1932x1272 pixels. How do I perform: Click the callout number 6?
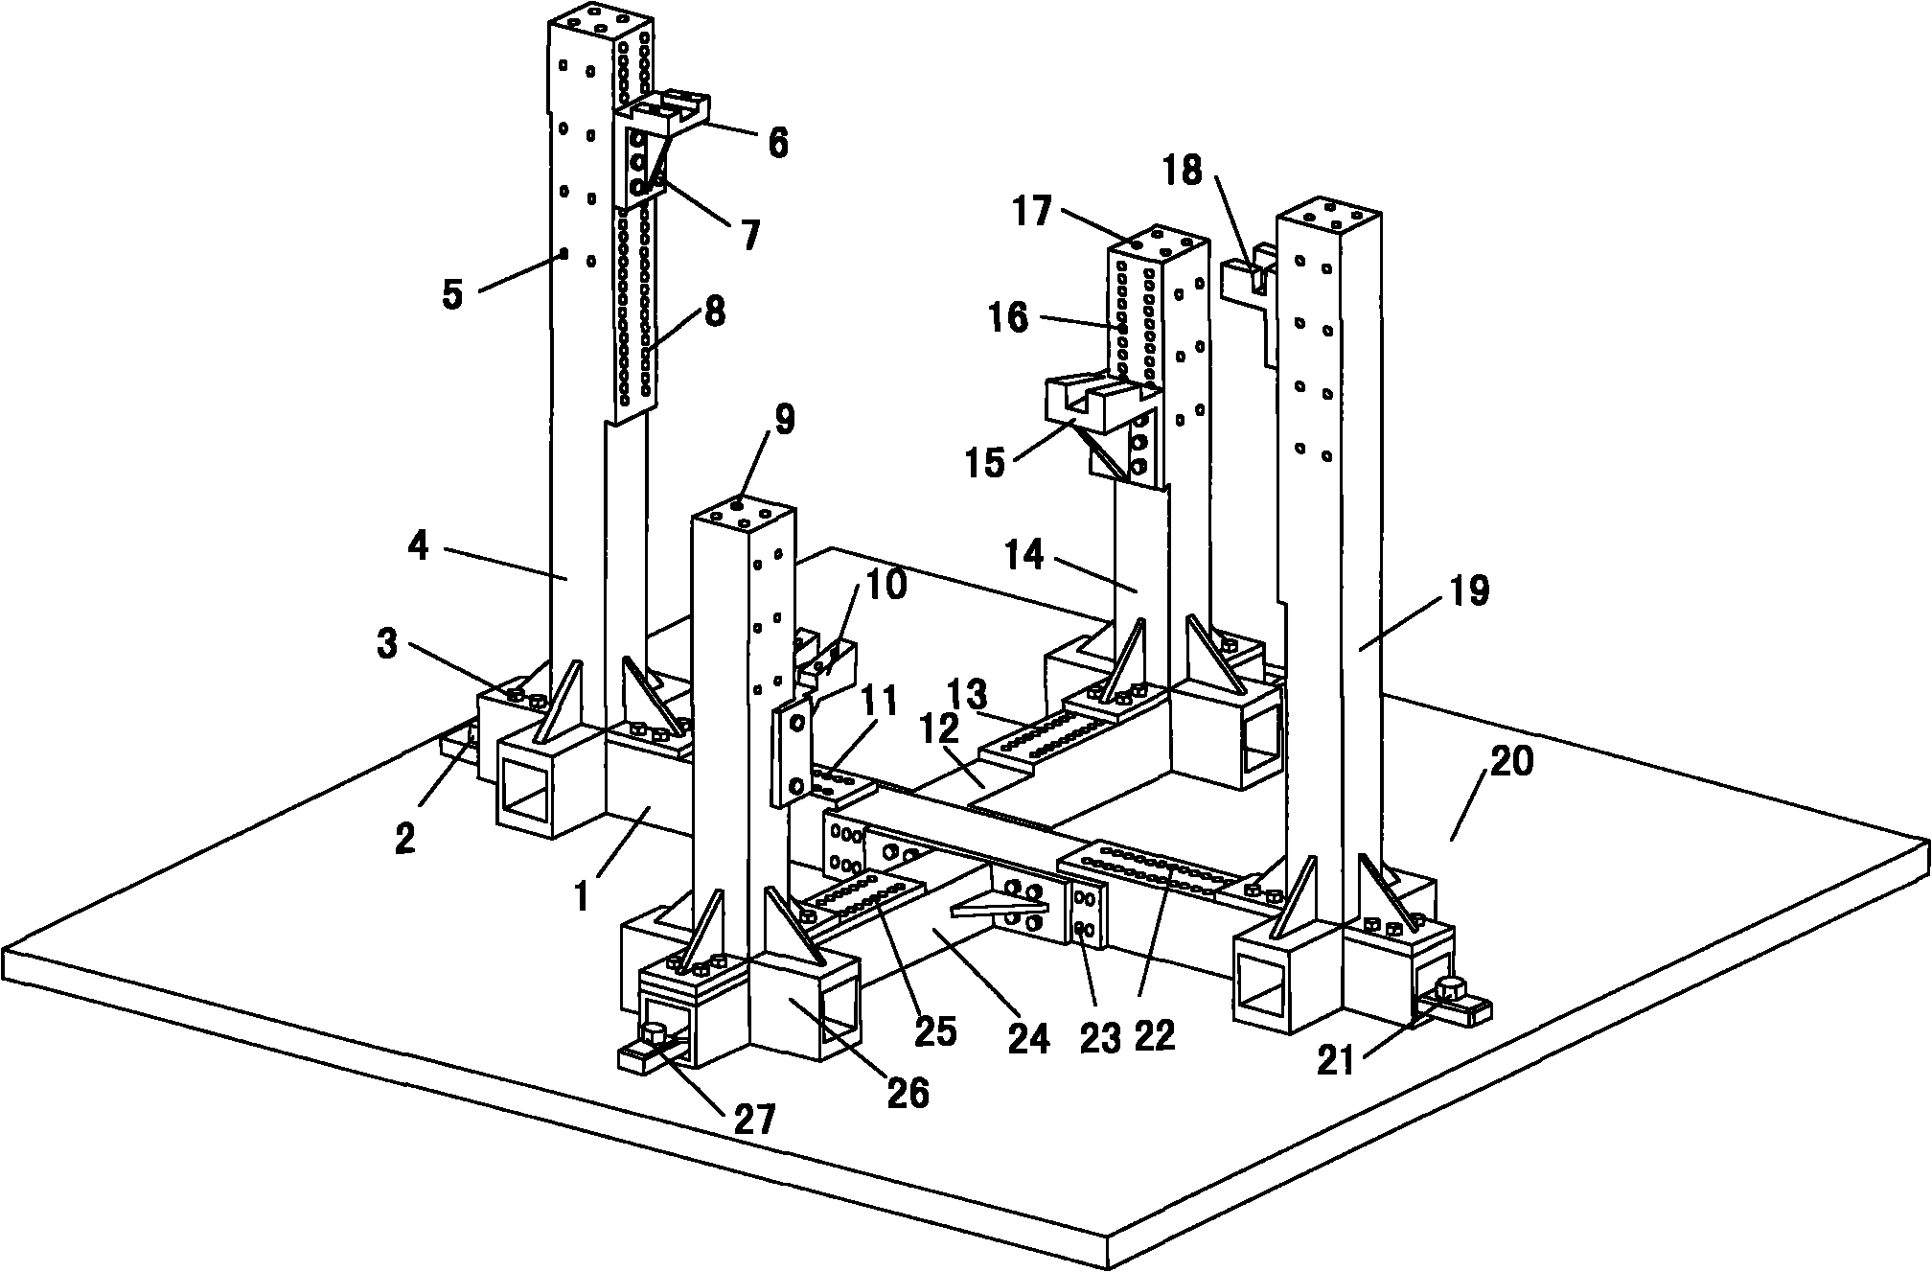[x=777, y=143]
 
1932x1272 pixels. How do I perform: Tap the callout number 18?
[x=1182, y=172]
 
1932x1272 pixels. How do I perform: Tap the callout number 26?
[x=908, y=1092]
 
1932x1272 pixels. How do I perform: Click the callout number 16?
[x=1006, y=316]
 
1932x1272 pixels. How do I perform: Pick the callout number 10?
[x=885, y=584]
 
